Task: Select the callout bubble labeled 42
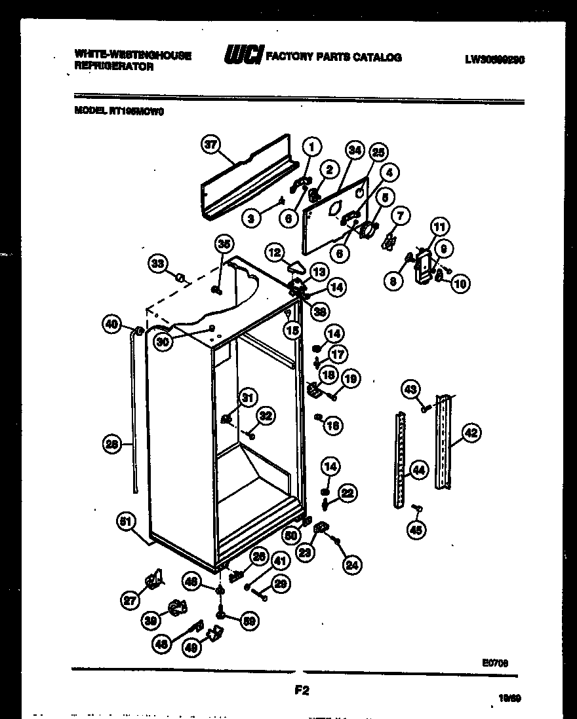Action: (471, 432)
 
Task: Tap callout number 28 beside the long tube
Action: (113, 445)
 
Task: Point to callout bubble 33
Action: (157, 264)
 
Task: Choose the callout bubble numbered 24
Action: (353, 564)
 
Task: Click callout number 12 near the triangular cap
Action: (274, 251)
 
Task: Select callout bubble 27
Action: (132, 599)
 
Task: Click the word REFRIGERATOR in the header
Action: (114, 67)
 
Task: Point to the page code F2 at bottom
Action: (302, 689)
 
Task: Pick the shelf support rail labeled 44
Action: (399, 458)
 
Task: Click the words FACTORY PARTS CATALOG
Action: (332, 58)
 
